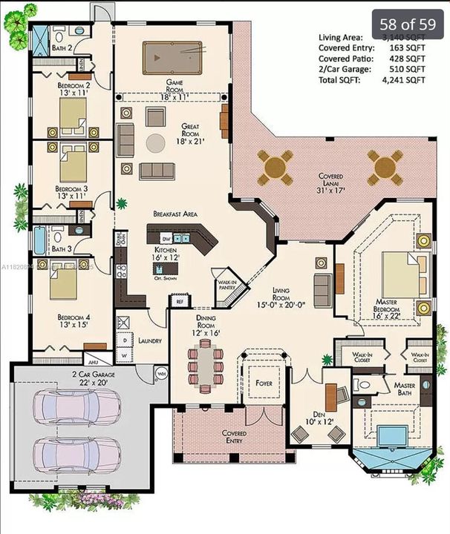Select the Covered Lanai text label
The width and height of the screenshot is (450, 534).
(330, 182)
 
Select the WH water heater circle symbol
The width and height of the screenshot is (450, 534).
(160, 373)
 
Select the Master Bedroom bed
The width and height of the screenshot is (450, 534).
(404, 274)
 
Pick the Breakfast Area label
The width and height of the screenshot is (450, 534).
(175, 214)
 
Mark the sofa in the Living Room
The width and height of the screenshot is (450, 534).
(323, 286)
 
